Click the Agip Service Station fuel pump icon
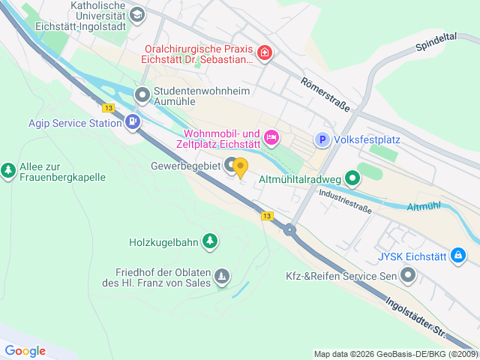click(x=133, y=121)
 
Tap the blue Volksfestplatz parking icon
click(x=322, y=139)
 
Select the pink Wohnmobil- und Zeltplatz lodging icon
click(x=271, y=136)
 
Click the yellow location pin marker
click(x=240, y=167)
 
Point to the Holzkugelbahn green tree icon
click(x=212, y=241)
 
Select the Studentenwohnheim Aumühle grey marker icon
click(x=142, y=95)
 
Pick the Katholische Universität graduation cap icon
click(x=137, y=14)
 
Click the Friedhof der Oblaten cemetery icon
click(x=222, y=277)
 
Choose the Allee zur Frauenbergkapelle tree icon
click(x=8, y=170)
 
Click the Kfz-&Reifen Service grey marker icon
click(x=408, y=276)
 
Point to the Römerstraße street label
click(x=325, y=94)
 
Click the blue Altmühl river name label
click(x=424, y=207)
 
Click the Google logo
click(x=25, y=350)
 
